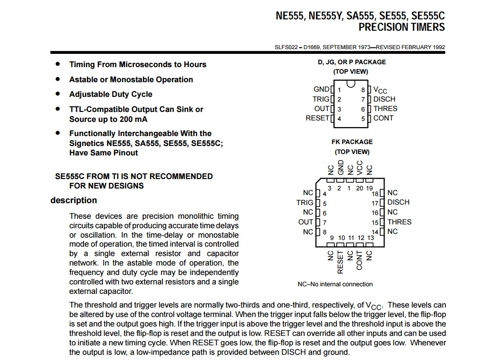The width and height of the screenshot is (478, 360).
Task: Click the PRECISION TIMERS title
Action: [401, 27]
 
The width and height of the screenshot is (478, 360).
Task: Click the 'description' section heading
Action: [74, 200]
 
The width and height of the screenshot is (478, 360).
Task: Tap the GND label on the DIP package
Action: [321, 89]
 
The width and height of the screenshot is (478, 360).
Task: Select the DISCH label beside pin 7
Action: [384, 99]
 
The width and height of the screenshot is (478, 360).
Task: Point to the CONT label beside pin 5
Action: [383, 118]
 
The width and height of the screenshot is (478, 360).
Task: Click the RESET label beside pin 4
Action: [317, 118]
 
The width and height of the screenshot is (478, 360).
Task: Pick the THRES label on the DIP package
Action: [385, 109]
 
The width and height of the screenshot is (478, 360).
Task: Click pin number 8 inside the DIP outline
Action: [363, 90]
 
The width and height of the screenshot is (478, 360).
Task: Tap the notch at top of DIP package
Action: [350, 84]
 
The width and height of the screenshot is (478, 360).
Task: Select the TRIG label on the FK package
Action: [305, 203]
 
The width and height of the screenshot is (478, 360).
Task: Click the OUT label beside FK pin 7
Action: [306, 222]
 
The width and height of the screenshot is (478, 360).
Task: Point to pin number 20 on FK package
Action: [359, 188]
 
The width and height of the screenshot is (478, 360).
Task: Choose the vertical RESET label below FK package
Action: [340, 262]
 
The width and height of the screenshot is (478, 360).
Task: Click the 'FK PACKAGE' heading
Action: [352, 142]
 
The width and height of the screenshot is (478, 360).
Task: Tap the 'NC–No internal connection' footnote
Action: [335, 284]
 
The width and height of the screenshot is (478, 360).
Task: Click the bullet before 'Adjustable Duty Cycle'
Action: [58, 94]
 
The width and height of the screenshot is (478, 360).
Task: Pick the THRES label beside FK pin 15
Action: [399, 222]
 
